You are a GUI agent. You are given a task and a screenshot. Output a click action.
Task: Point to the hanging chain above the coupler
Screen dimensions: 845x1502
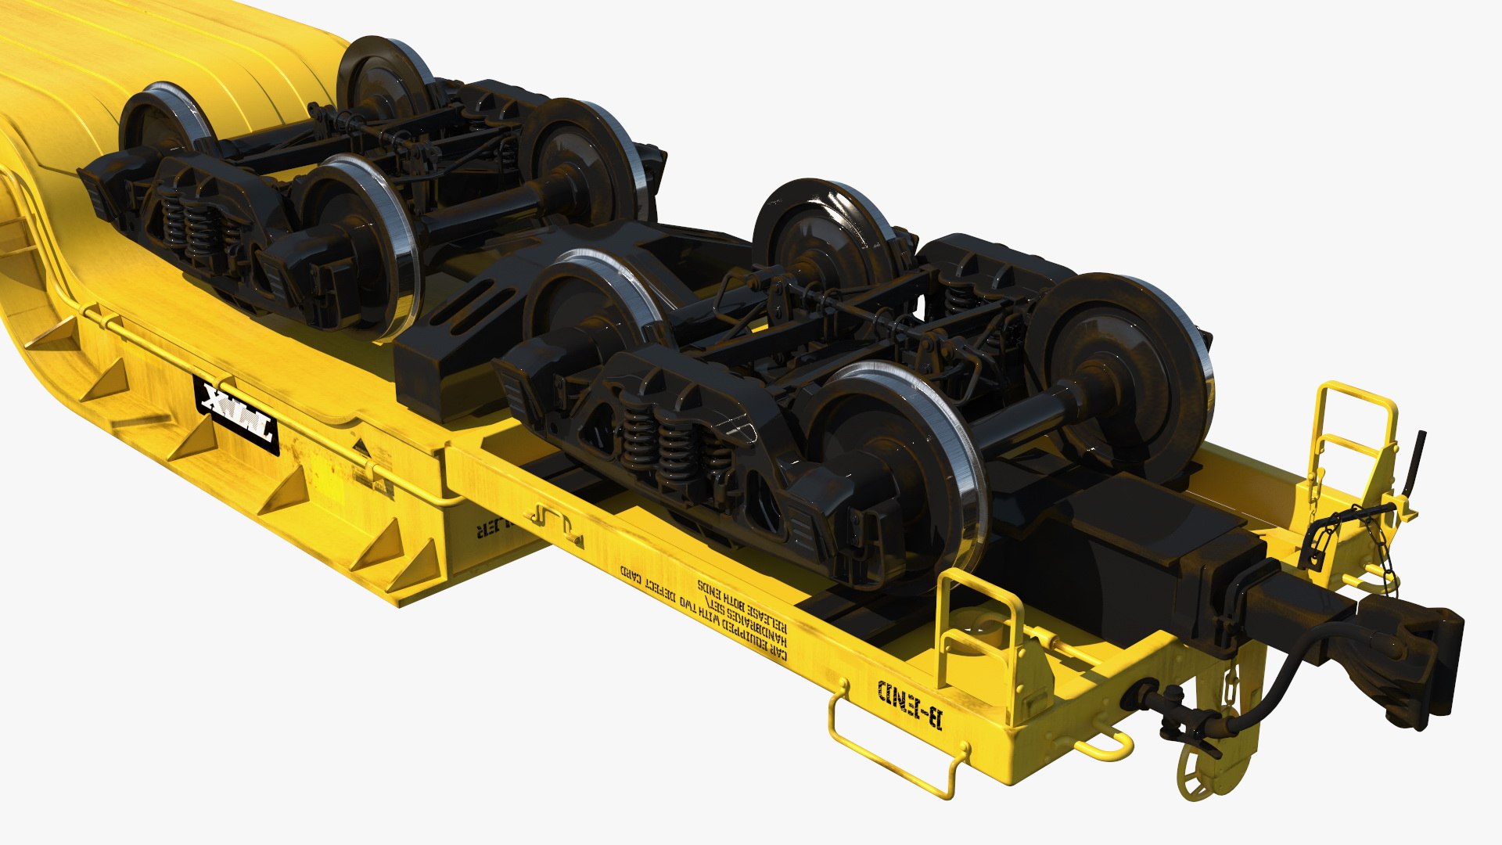pos(1365,548)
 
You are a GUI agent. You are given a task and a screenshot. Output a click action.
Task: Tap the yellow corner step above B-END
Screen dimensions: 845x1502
pos(982,626)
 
